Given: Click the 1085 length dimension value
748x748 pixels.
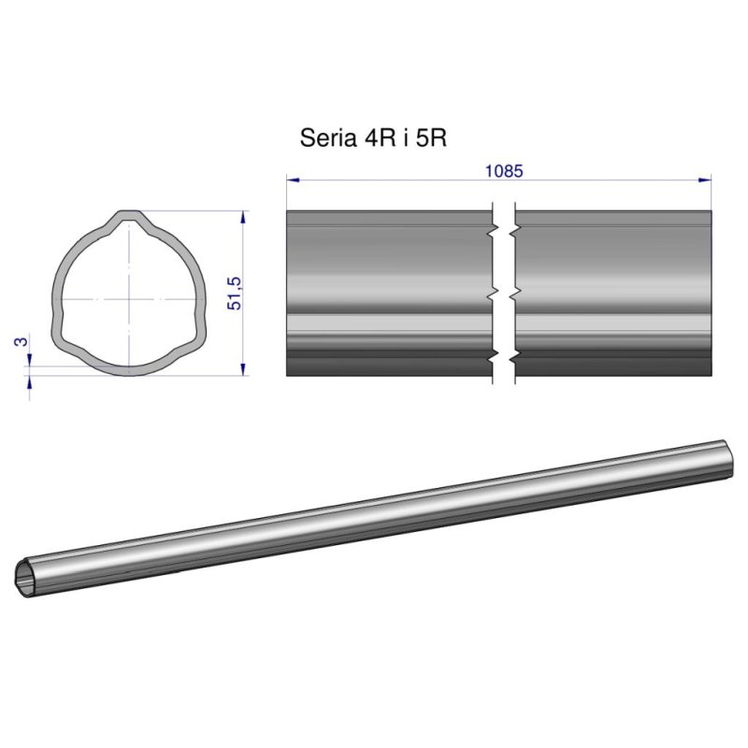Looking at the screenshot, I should pyautogui.click(x=503, y=171).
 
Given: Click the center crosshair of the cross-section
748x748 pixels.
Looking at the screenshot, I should pyautogui.click(x=127, y=298).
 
